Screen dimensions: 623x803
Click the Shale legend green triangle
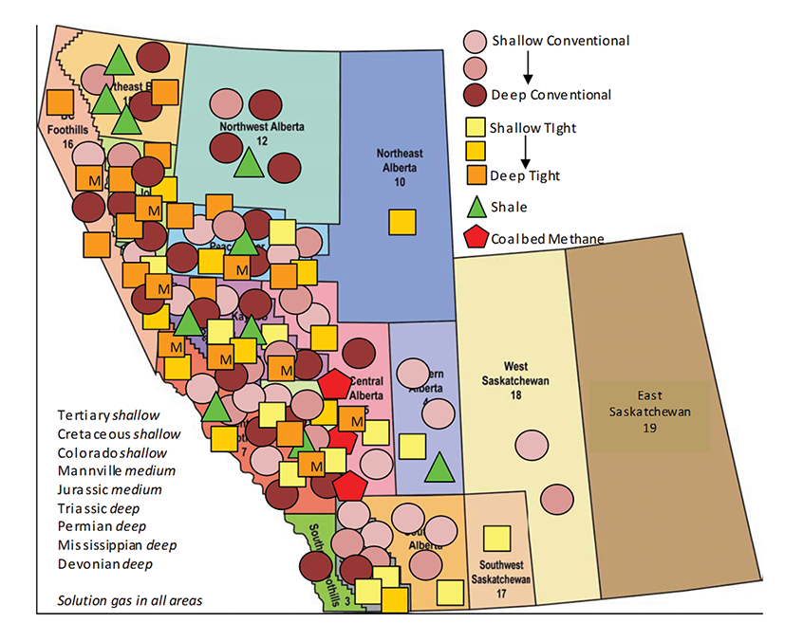pyautogui.click(x=476, y=206)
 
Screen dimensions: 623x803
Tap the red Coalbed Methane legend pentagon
pyautogui.click(x=476, y=237)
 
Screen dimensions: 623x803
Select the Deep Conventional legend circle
pyautogui.click(x=476, y=94)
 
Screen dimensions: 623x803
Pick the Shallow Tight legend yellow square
pyautogui.click(x=476, y=128)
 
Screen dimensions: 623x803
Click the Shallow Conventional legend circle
pyautogui.click(x=476, y=41)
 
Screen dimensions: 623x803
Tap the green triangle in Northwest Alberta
pyautogui.click(x=248, y=163)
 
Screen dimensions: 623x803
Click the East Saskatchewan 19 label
pyautogui.click(x=651, y=412)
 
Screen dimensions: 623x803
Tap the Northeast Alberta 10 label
pyautogui.click(x=400, y=167)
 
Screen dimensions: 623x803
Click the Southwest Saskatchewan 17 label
pyautogui.click(x=500, y=582)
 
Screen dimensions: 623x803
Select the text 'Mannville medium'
pyautogui.click(x=116, y=470)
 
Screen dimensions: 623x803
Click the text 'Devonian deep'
pyautogui.click(x=104, y=563)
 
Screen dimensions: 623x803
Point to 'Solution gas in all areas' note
pyautogui.click(x=129, y=600)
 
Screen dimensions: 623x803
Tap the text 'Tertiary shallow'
pyautogui.click(x=108, y=415)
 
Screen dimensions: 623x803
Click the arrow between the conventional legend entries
pyautogui.click(x=528, y=67)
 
